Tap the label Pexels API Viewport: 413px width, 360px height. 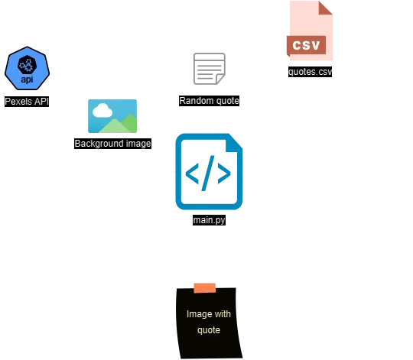tap(27, 101)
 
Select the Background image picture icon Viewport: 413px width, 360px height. tap(113, 117)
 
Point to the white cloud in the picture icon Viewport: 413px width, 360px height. tap(103, 109)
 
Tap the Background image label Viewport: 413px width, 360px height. tap(113, 143)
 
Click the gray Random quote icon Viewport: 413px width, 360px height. tap(208, 67)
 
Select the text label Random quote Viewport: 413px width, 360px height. tap(208, 100)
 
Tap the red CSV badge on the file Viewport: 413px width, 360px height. tap(311, 44)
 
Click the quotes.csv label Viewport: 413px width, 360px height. tap(311, 72)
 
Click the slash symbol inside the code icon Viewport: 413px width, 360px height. tap(209, 175)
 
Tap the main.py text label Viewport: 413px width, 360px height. tap(209, 220)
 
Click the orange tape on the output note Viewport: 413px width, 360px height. tap(204, 287)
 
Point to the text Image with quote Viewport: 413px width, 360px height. tap(209, 322)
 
